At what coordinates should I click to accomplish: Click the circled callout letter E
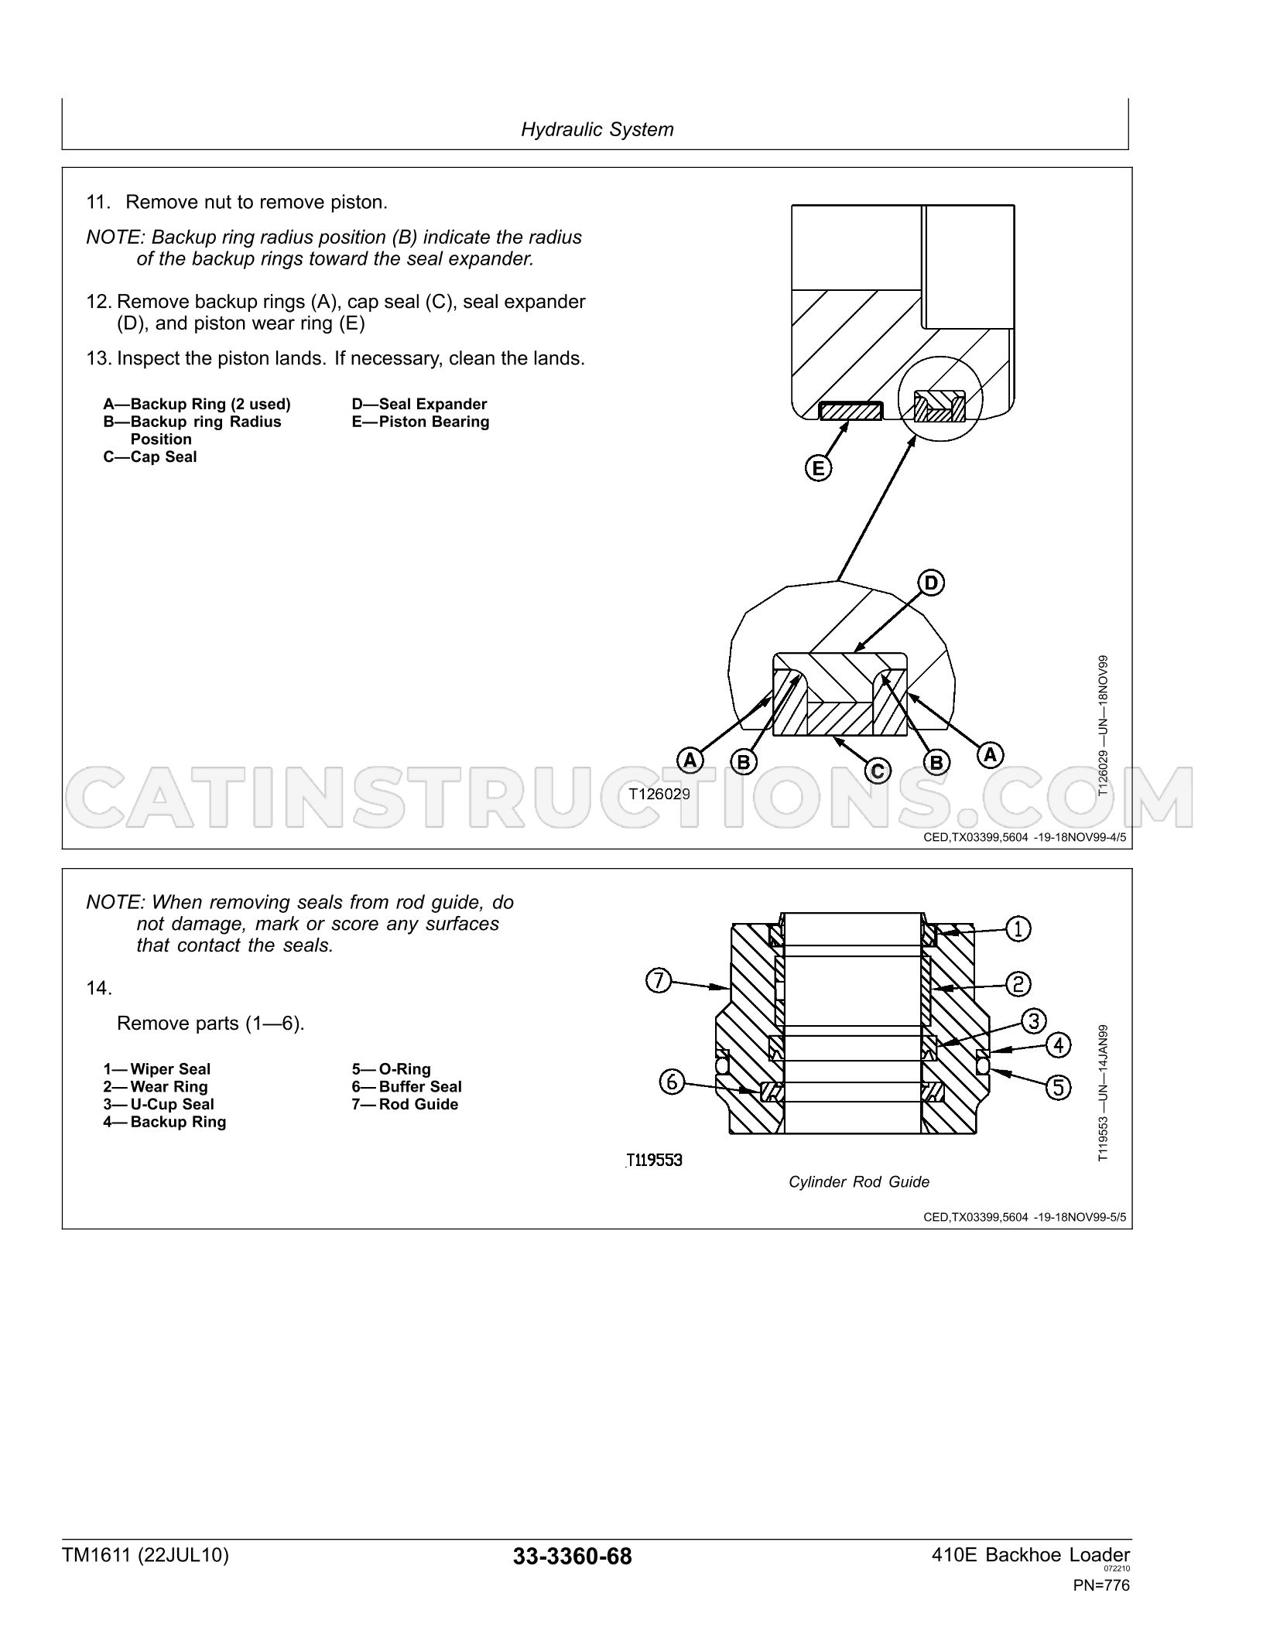818,468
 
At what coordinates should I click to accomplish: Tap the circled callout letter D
931,583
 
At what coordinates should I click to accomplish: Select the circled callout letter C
878,771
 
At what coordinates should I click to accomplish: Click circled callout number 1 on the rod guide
1018,928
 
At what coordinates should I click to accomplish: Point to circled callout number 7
658,981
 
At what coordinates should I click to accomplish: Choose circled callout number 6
672,1081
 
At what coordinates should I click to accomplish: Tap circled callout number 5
1059,1088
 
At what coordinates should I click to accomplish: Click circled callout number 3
1034,1021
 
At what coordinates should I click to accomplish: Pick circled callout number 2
1018,983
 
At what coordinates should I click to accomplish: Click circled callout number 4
1059,1045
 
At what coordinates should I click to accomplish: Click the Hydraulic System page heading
597,129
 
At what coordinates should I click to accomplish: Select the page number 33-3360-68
572,1557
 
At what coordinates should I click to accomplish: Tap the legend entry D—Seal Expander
419,404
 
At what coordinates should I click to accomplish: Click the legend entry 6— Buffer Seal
406,1087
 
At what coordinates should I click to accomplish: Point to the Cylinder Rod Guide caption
859,1181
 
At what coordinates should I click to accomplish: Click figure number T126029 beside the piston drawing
659,793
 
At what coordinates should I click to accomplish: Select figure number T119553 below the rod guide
655,1160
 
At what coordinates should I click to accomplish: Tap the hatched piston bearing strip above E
851,411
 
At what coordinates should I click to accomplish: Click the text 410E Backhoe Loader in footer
1032,1555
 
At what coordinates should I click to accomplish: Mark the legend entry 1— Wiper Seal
156,1069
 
